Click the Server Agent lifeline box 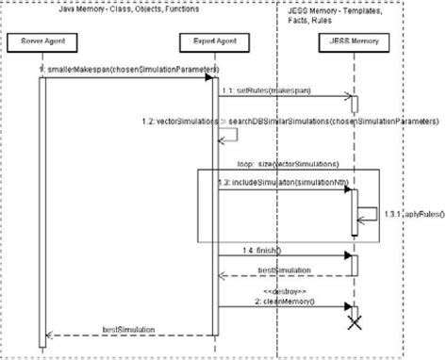coord(41,41)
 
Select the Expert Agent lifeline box coord(215,41)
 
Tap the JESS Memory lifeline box coord(354,41)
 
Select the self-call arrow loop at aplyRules coord(370,213)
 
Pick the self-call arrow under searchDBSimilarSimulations coord(226,137)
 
